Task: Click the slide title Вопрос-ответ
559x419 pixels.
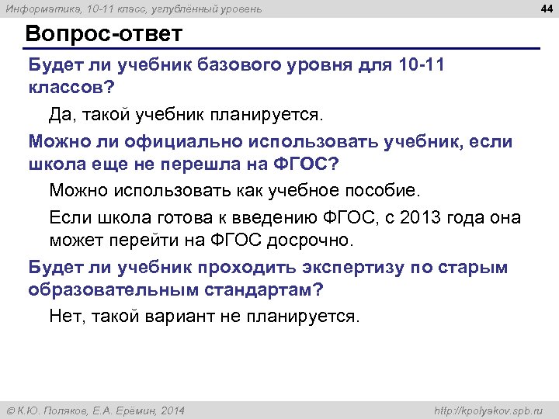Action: [x=103, y=35]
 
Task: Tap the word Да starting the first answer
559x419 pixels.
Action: [x=61, y=115]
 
